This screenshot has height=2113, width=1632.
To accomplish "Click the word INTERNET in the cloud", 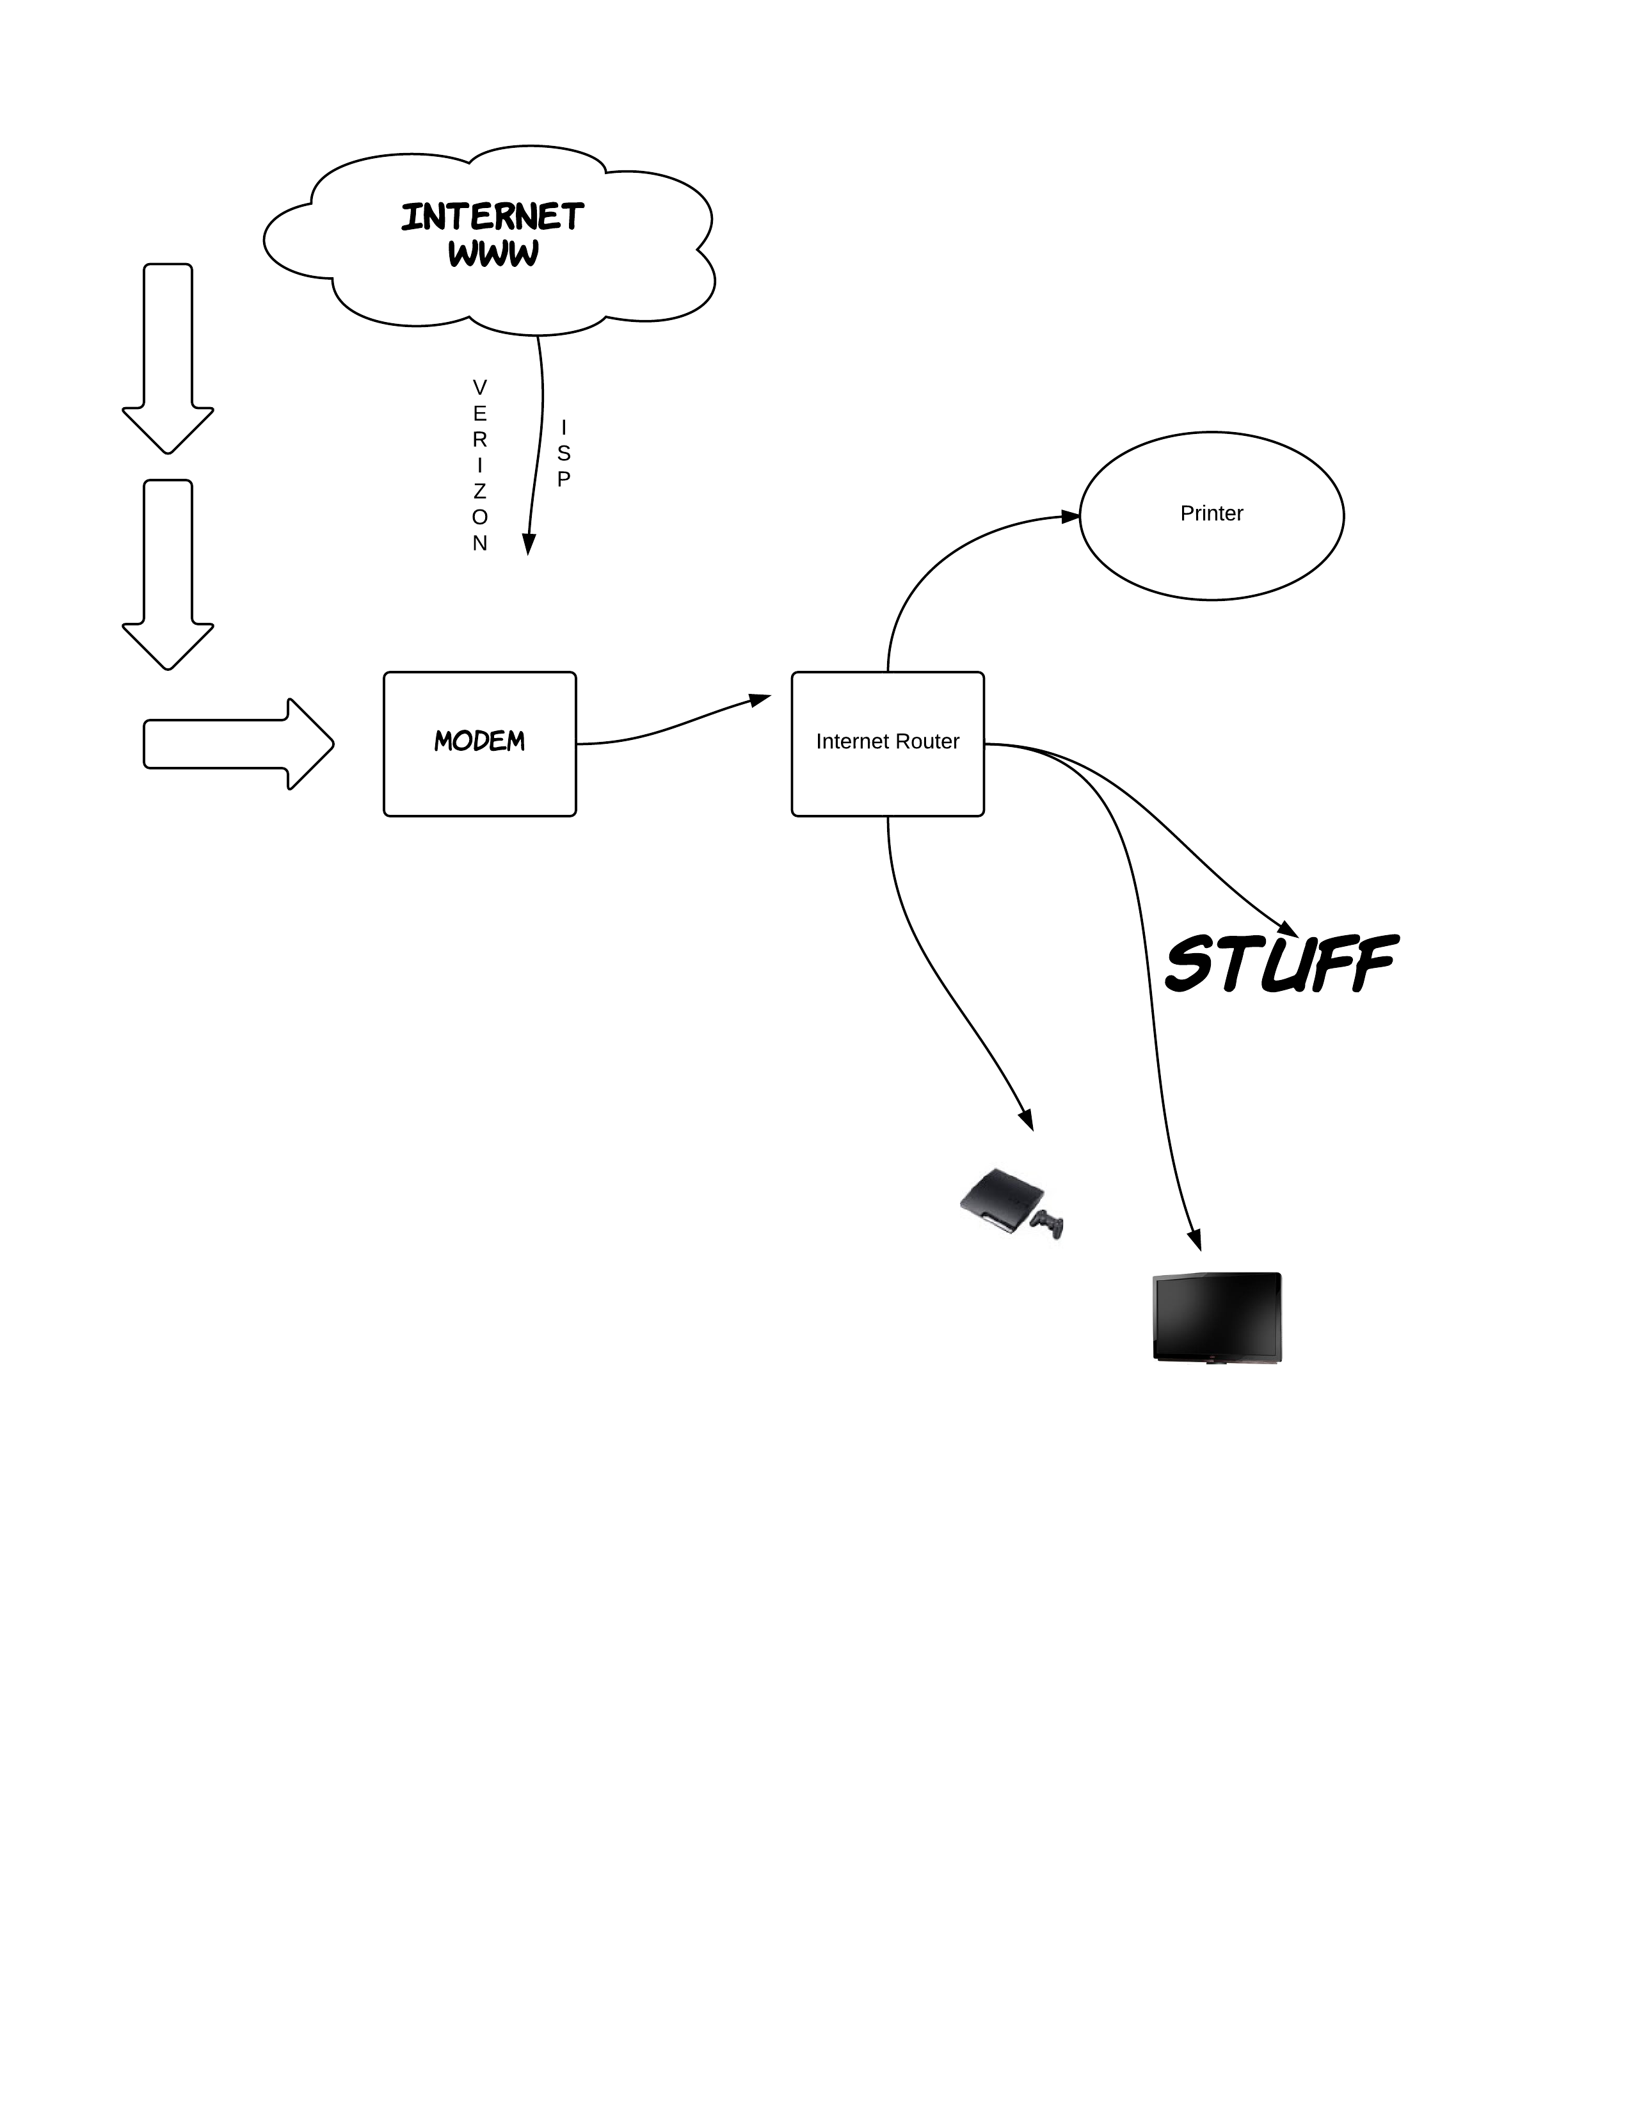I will pos(492,217).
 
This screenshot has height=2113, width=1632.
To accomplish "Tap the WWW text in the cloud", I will pos(492,253).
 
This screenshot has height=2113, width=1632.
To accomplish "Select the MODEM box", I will pos(480,743).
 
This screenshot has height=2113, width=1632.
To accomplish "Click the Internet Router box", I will pos(887,743).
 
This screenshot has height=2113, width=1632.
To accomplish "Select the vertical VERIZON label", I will pos(480,465).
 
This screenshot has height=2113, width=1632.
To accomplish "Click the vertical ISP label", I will pos(564,453).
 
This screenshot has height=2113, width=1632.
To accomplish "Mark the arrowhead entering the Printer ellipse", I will pos(1070,517).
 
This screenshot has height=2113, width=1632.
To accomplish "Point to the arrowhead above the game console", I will pos(1027,1120).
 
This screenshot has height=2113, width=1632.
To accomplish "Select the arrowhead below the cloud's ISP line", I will pos(528,545).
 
